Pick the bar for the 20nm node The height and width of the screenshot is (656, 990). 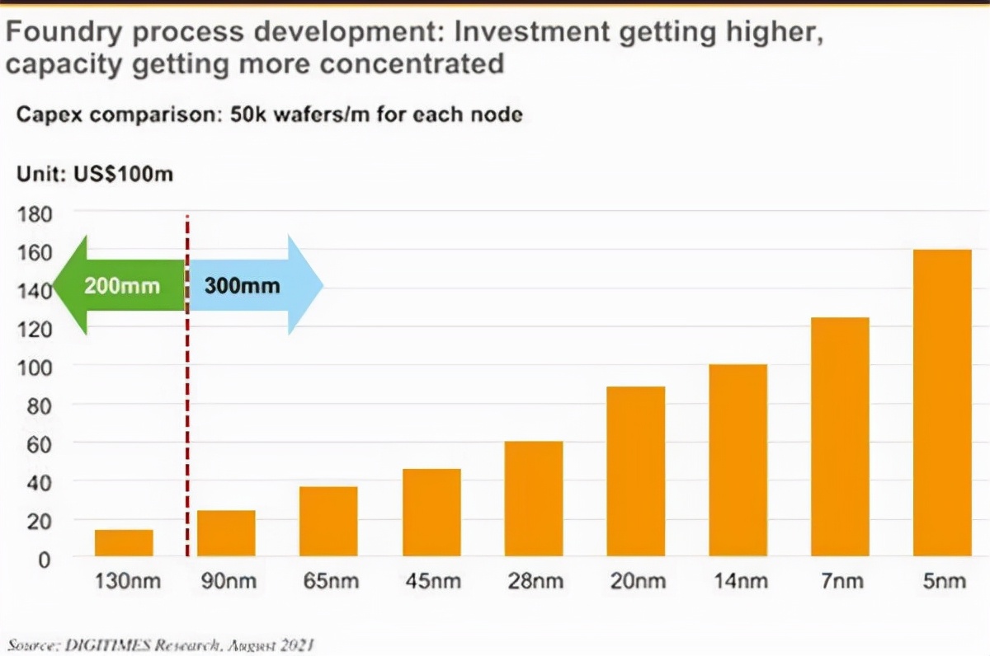point(635,471)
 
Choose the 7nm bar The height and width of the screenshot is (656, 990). point(840,436)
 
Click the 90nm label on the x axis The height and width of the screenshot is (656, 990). point(226,581)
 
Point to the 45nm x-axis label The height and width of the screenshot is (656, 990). point(431,581)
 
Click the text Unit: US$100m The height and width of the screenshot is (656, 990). point(95,174)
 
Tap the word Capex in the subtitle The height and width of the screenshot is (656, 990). point(47,115)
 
